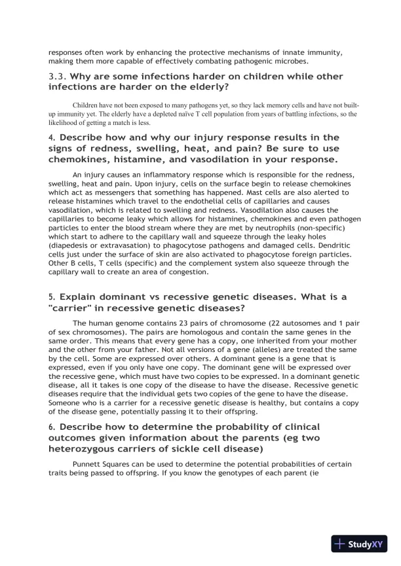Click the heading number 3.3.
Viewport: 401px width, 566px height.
58,77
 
